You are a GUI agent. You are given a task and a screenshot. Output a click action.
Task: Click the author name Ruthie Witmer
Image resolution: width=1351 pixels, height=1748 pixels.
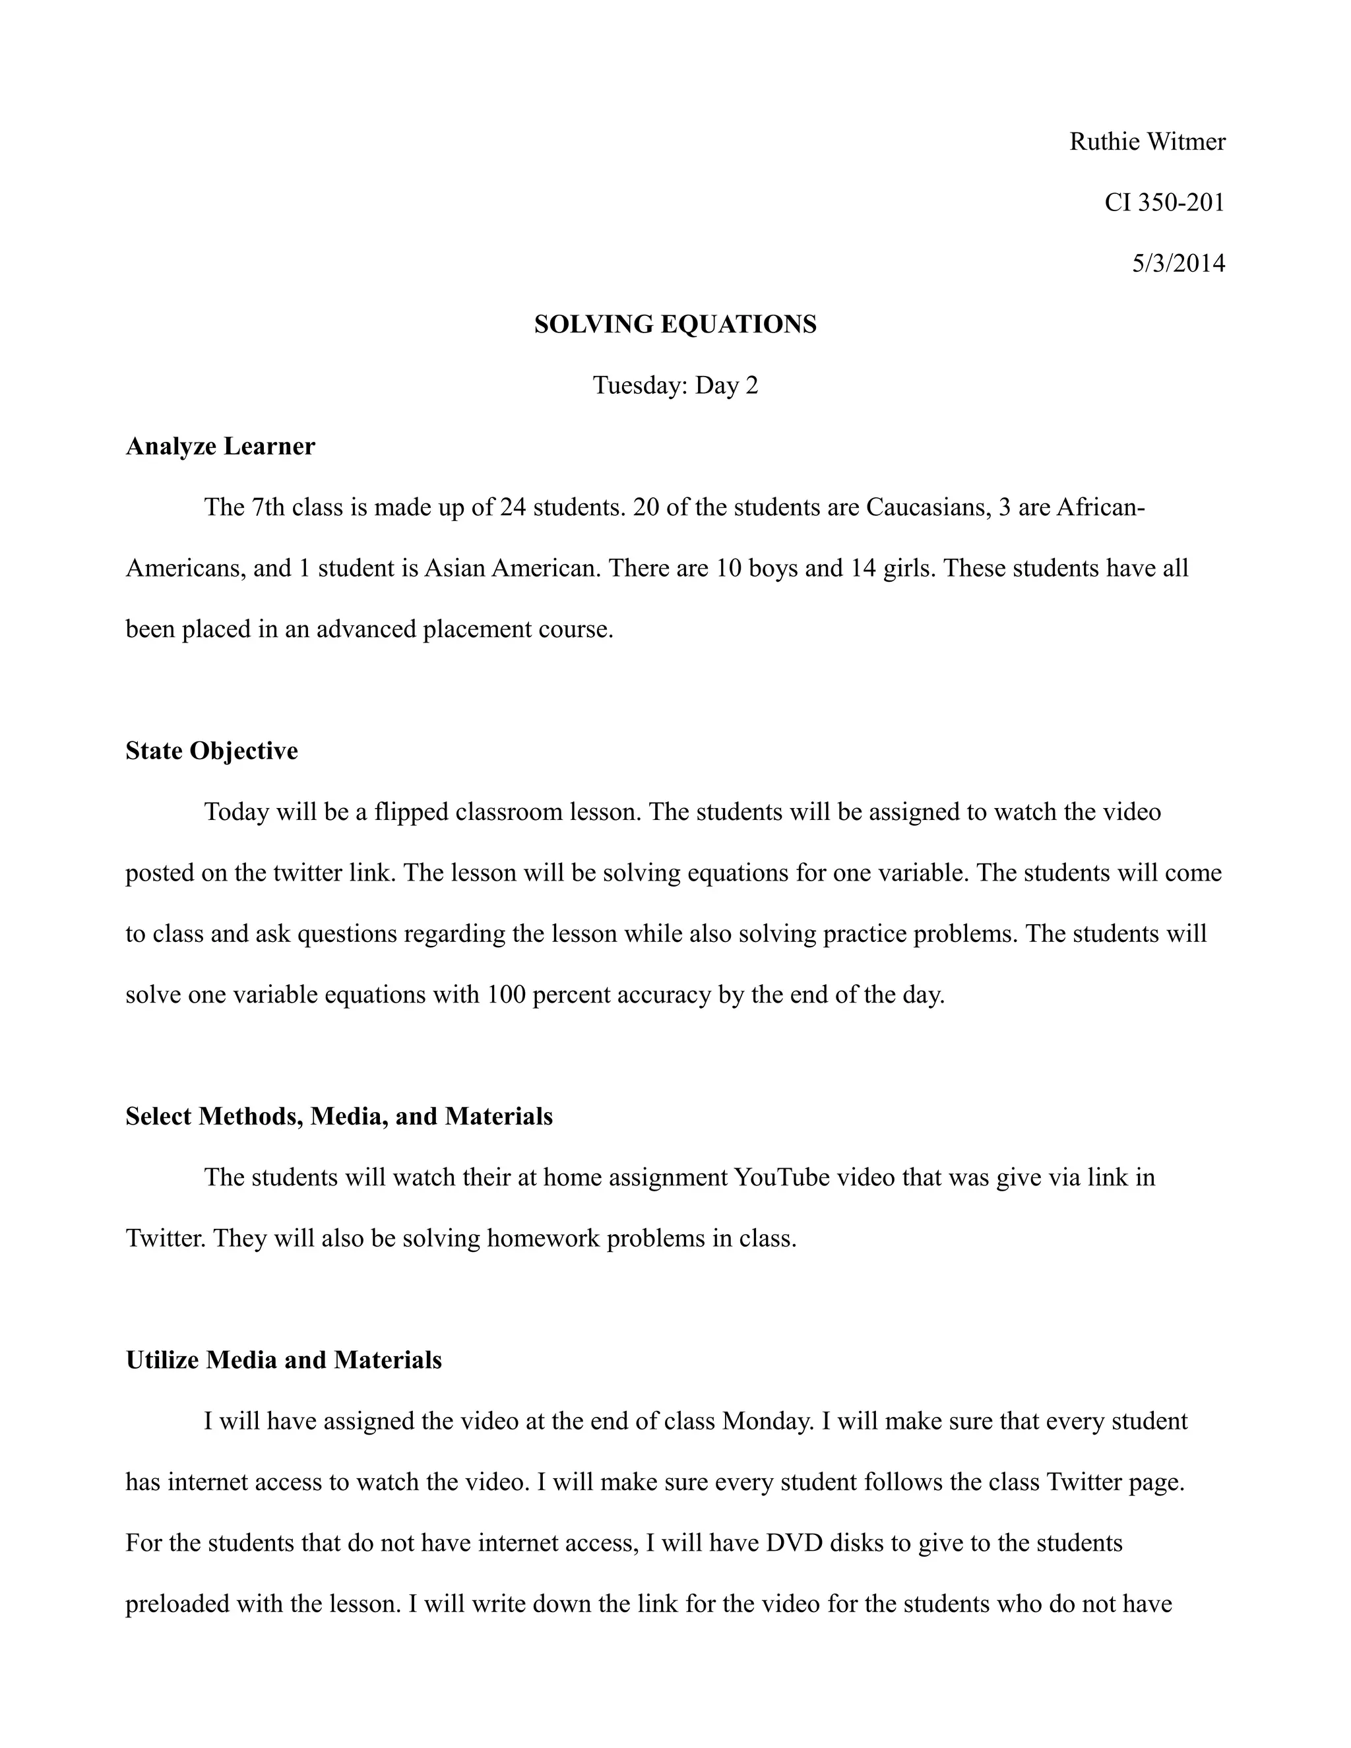(x=1147, y=142)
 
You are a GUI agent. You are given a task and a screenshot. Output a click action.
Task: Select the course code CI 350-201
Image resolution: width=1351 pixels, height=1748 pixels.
(x=1164, y=203)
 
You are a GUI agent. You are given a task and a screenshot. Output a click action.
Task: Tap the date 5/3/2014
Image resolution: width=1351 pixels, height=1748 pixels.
(x=1178, y=263)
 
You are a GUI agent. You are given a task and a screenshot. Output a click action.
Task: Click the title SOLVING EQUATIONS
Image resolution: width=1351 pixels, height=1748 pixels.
(x=675, y=324)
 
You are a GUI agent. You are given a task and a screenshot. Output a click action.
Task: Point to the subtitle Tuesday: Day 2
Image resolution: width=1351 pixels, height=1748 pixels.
(x=675, y=385)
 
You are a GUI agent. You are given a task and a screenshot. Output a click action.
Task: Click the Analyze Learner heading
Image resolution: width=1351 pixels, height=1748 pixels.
(x=220, y=446)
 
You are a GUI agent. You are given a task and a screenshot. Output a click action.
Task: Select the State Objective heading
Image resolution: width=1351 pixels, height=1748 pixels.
(x=211, y=751)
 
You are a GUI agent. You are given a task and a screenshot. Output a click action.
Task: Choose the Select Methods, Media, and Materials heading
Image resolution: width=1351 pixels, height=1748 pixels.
(x=338, y=1117)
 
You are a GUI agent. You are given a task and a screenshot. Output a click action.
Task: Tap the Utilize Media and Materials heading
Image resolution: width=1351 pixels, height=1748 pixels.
(x=283, y=1360)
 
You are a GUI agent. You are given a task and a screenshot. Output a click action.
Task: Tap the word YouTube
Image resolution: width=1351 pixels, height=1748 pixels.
(x=783, y=1177)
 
